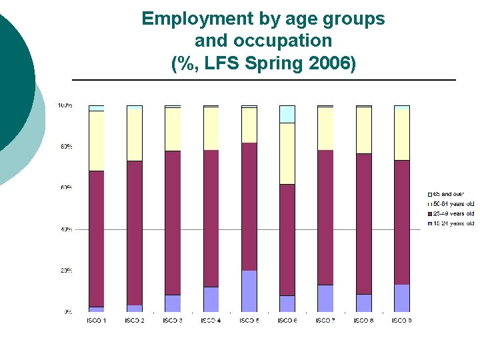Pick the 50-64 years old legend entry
coord(452,203)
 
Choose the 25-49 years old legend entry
coord(452,213)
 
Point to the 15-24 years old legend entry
coord(452,223)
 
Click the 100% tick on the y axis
coord(65,105)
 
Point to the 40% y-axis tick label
coord(65,229)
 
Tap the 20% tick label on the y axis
coord(65,271)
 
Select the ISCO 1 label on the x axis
coord(96,321)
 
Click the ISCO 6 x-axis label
coord(287,321)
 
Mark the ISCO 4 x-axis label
coord(211,321)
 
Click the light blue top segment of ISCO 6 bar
coord(287,114)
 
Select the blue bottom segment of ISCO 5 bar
coord(249,291)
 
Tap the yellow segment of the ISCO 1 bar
coord(96,141)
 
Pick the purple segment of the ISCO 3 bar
coord(173,223)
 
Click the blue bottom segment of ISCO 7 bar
coord(325,298)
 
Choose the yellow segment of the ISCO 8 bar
coord(363,130)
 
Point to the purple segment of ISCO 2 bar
coord(135,233)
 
